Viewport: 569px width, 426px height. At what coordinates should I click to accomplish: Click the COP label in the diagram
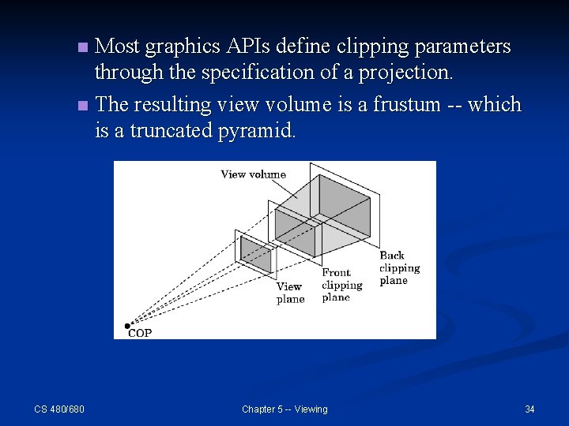pos(140,333)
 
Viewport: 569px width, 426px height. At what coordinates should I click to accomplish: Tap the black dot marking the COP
pos(127,325)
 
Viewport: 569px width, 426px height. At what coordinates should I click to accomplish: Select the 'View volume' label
pos(253,174)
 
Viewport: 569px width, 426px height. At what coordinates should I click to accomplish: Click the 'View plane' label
pos(290,293)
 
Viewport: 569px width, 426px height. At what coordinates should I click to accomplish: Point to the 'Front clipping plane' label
pos(341,285)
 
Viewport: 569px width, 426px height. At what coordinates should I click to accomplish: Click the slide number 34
pos(529,409)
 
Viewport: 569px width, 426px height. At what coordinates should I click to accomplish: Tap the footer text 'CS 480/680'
pos(59,409)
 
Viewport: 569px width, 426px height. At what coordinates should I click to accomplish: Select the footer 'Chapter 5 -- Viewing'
pos(284,409)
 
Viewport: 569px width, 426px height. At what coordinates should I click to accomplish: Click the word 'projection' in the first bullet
pos(403,73)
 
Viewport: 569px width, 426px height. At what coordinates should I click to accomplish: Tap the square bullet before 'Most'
pos(84,48)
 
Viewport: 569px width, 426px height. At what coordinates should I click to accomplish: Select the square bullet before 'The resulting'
pos(84,105)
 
